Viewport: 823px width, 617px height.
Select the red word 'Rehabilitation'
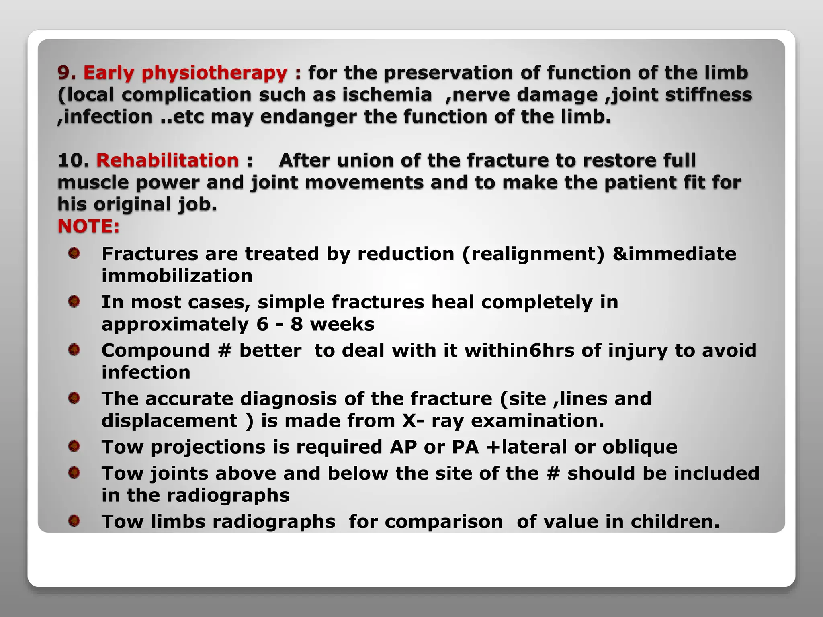pos(168,161)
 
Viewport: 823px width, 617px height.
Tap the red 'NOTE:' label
pos(88,226)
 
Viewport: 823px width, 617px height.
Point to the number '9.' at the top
pos(67,73)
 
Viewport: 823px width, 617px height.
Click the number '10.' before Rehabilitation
pos(73,161)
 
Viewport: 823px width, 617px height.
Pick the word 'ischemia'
pos(387,95)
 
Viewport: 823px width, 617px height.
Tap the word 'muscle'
pos(93,183)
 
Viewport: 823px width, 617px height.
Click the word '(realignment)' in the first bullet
pos(533,254)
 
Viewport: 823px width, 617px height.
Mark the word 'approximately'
pos(175,325)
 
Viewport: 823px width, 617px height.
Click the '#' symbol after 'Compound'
pos(225,351)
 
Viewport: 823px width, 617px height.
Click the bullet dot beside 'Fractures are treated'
pos(74,253)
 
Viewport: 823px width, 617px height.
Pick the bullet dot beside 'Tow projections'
pos(74,446)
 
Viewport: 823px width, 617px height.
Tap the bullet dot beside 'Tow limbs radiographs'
pos(74,521)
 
